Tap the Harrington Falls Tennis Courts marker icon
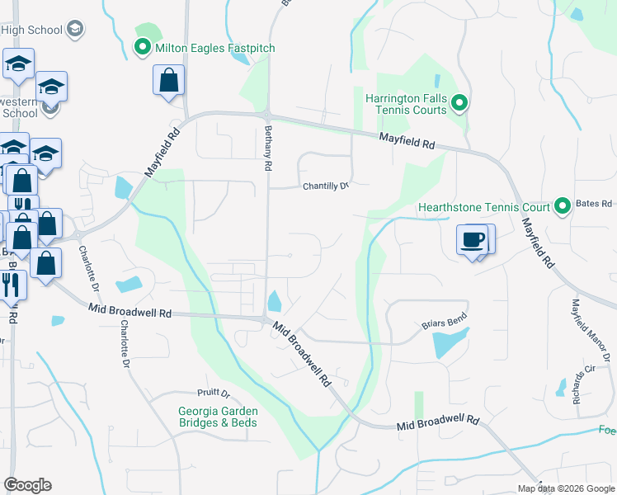[460, 104]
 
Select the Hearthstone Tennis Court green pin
[563, 205]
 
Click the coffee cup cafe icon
[473, 240]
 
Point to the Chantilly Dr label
[325, 186]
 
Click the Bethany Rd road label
[267, 148]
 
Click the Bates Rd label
[594, 203]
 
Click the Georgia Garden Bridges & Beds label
[218, 417]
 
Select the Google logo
[27, 485]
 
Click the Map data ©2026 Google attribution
[566, 488]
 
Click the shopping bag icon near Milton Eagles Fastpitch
[168, 81]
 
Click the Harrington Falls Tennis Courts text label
[407, 104]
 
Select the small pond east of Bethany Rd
[275, 303]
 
